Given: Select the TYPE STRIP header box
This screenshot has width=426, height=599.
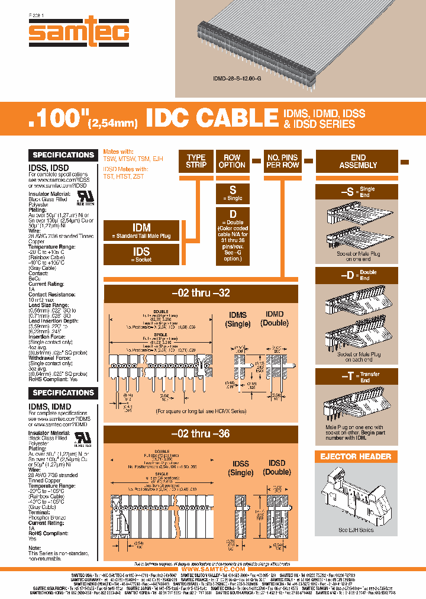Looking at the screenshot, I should pyautogui.click(x=196, y=162).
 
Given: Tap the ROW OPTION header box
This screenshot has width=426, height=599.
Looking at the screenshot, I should pyautogui.click(x=232, y=162).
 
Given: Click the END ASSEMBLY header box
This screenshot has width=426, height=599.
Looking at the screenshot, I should pyautogui.click(x=358, y=162).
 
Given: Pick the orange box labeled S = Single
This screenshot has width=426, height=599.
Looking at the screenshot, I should pyautogui.click(x=233, y=193).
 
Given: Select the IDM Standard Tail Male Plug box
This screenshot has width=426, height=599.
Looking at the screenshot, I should pyautogui.click(x=141, y=231).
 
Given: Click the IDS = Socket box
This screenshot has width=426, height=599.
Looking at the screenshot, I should pyautogui.click(x=141, y=255).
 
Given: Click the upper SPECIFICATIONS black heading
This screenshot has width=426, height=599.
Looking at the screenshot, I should pyautogui.click(x=63, y=155).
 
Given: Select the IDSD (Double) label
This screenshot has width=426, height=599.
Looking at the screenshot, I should pyautogui.click(x=276, y=468).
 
